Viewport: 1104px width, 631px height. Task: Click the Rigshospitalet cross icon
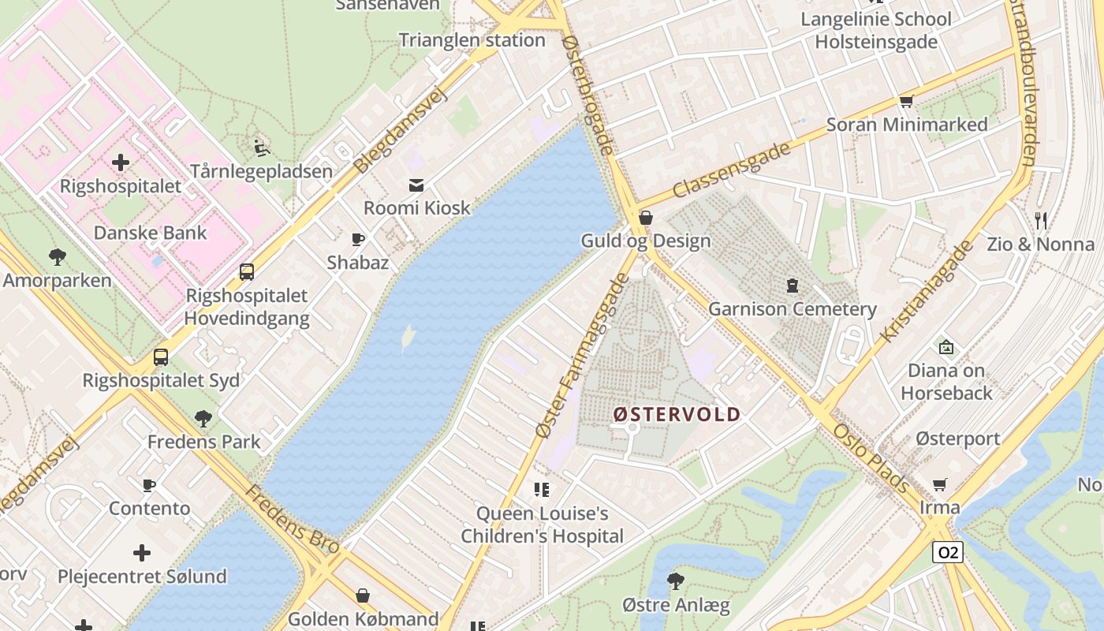click(x=121, y=163)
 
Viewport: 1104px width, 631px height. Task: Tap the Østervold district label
click(x=677, y=414)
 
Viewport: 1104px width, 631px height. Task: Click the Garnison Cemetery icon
click(x=792, y=286)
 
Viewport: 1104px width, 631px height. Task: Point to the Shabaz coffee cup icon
click(x=358, y=239)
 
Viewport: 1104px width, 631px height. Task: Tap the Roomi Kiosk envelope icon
click(x=416, y=185)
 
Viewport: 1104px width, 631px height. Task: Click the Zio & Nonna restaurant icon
click(x=1041, y=221)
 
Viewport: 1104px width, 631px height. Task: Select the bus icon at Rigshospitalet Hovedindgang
click(x=247, y=272)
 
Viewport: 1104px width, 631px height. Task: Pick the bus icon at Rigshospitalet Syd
click(x=161, y=357)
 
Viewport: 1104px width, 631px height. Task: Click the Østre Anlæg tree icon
click(x=675, y=581)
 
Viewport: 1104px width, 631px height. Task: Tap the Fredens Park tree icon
click(x=203, y=418)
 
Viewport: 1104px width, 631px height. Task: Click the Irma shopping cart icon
click(x=939, y=484)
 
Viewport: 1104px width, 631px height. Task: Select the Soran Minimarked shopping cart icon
click(x=906, y=101)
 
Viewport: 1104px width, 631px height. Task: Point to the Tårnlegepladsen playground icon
click(x=261, y=147)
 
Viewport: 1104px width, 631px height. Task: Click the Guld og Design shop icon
click(x=646, y=218)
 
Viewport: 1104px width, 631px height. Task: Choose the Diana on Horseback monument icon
click(x=945, y=347)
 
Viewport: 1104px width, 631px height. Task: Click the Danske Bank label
click(x=150, y=233)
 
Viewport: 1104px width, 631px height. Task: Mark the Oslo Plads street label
click(x=871, y=458)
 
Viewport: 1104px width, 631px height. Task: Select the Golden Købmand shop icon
click(x=363, y=596)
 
